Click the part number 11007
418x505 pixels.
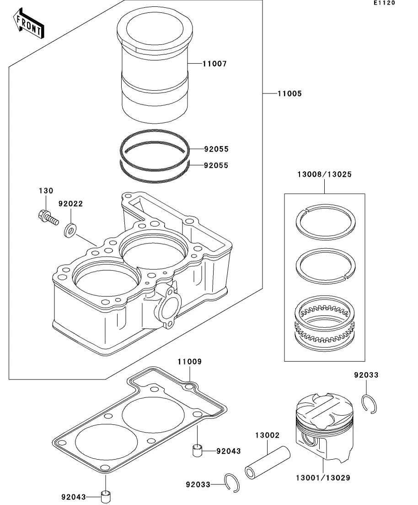[214, 64]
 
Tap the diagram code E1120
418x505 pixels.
[384, 3]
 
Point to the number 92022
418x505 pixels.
[70, 204]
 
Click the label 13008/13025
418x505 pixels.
[324, 174]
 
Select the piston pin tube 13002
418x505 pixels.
[268, 463]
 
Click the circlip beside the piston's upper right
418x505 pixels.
[370, 404]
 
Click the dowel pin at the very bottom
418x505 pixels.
[107, 496]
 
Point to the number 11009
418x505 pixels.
[189, 362]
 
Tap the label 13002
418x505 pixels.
[267, 435]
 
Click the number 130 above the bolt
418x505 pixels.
[46, 191]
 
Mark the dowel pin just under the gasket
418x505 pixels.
[198, 450]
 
